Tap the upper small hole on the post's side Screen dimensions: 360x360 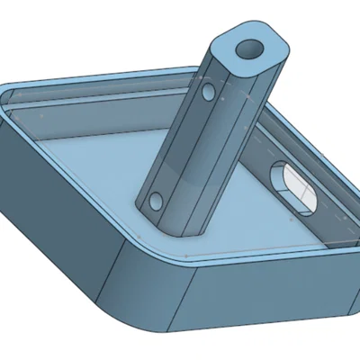click(x=208, y=93)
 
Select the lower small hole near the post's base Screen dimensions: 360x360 click(x=157, y=198)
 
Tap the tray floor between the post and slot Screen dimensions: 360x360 click(x=243, y=207)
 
